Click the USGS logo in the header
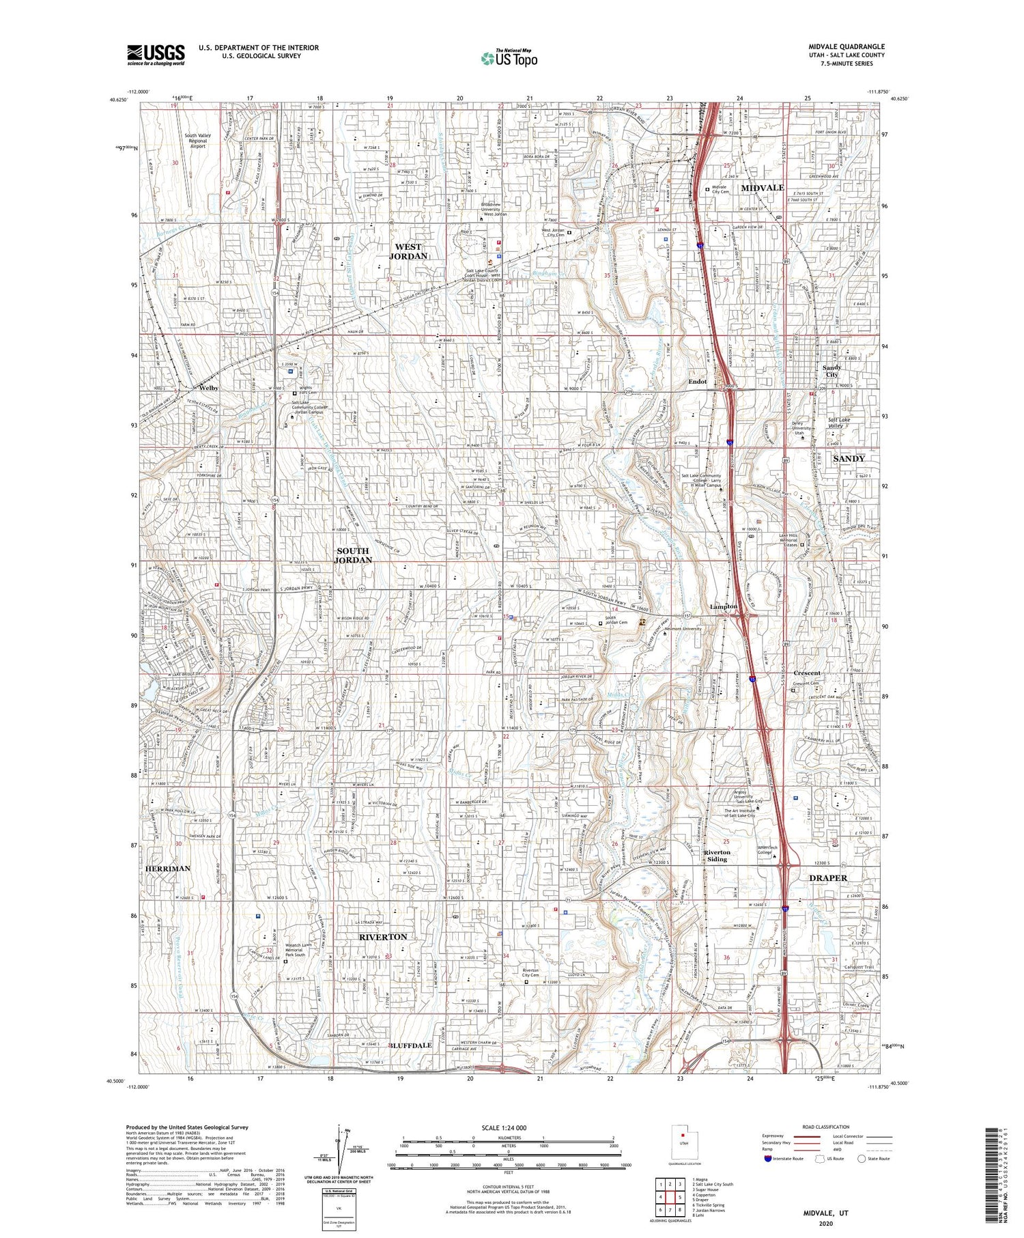tap(156, 55)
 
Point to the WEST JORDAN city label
tap(408, 251)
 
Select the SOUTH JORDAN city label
tap(352, 555)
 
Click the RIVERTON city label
tap(383, 937)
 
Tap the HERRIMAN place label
tap(167, 869)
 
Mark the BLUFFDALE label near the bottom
tap(411, 1045)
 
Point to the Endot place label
tap(697, 382)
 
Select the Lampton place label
tap(724, 606)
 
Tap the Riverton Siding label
tap(717, 856)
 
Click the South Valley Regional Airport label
tap(197, 141)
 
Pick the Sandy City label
tap(831, 371)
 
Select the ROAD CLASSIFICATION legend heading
tap(826, 1127)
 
